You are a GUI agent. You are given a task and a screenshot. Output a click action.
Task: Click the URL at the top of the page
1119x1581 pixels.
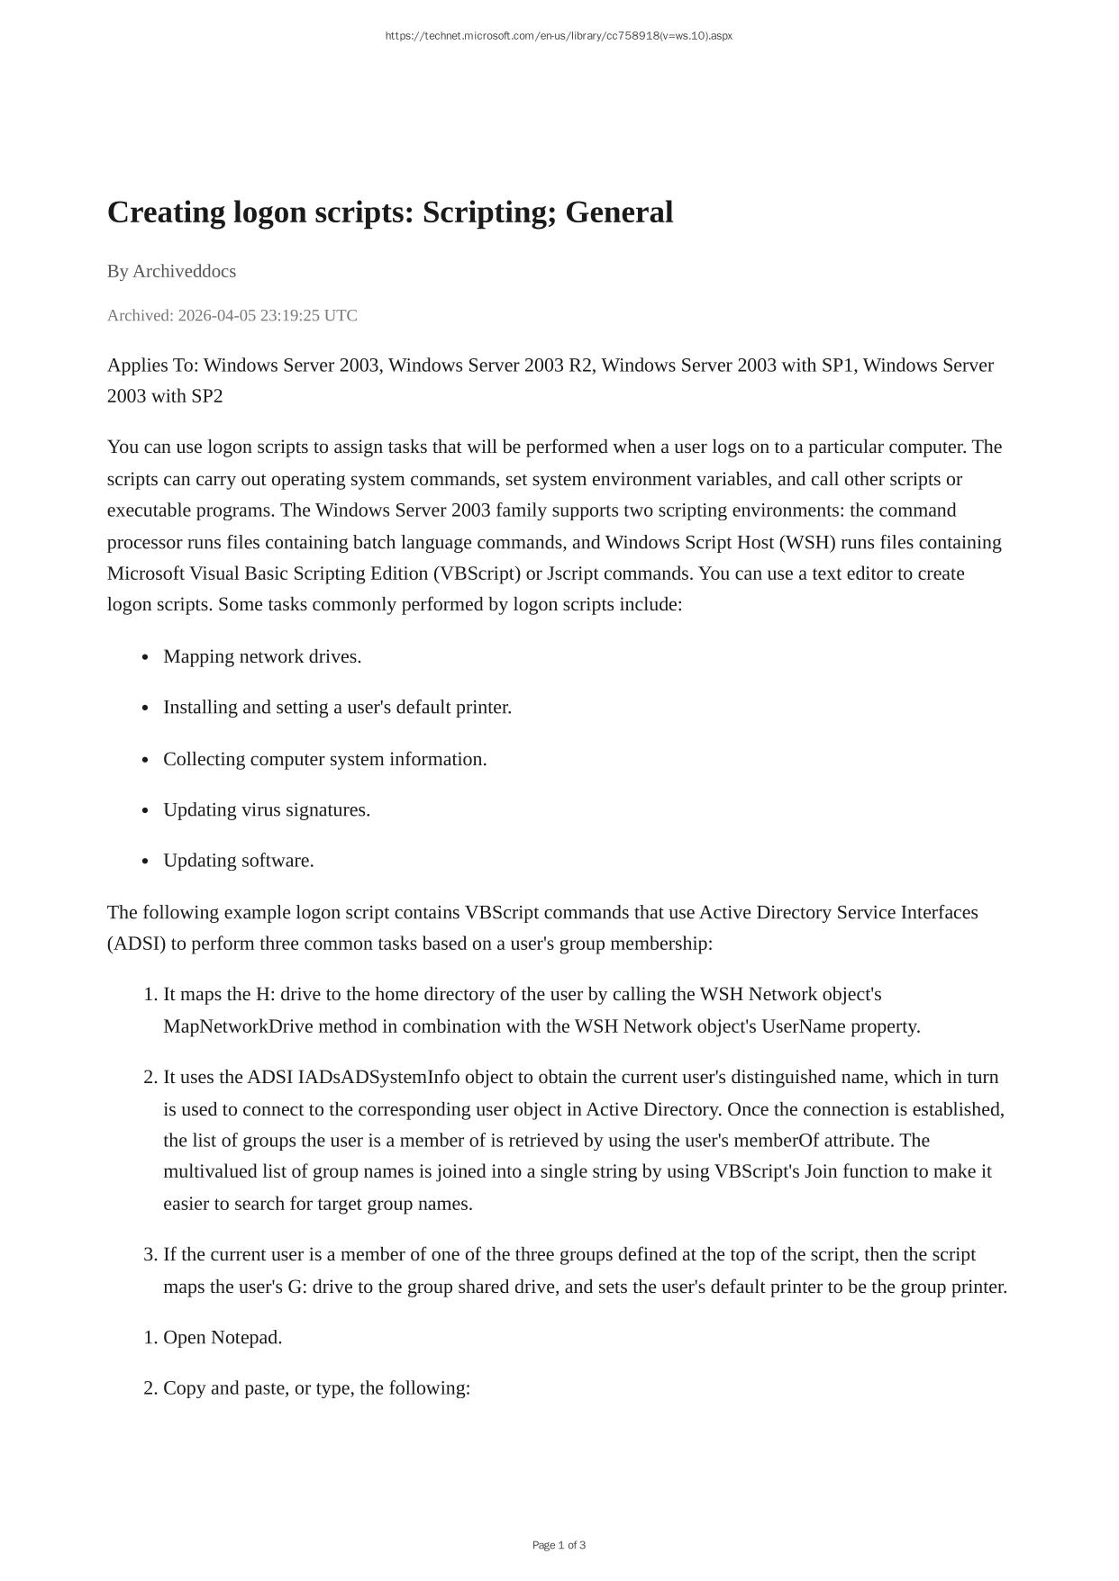tap(559, 36)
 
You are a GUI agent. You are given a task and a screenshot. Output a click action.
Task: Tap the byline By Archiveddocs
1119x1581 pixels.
tap(171, 271)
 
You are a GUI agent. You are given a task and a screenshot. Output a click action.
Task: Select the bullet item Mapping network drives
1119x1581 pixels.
tap(262, 656)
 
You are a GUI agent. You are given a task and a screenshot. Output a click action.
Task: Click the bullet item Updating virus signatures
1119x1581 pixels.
tap(267, 809)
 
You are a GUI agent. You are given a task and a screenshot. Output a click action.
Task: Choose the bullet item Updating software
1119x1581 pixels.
tap(239, 860)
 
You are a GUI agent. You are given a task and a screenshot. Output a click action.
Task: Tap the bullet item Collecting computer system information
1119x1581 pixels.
tap(324, 759)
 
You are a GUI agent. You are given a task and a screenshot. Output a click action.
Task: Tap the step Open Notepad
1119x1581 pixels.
tap(223, 1337)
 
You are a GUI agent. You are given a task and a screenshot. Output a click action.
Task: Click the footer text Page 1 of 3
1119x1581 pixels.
tap(559, 1545)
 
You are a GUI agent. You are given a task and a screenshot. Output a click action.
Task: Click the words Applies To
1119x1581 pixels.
tap(152, 366)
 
